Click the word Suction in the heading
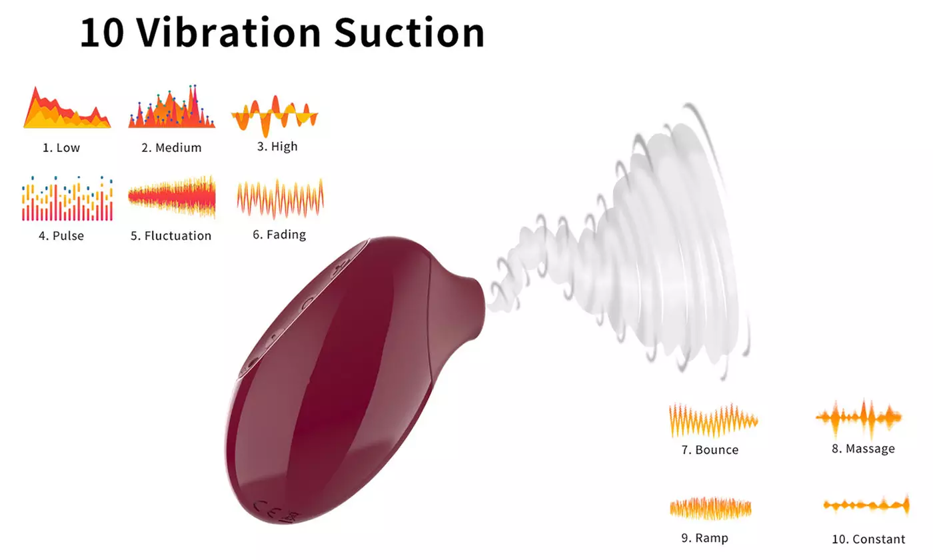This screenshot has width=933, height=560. pos(409,33)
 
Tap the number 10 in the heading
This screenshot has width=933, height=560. pos(102,33)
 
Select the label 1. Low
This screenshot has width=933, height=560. pos(61,147)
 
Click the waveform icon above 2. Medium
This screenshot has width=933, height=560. pos(172,106)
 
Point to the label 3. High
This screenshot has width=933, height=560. pos(277,147)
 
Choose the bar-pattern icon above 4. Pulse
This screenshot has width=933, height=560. pos(67,199)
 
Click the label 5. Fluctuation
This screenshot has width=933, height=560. pos(171,236)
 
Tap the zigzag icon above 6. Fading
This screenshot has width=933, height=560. pos(281,199)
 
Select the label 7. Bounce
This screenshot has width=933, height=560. pos(710,450)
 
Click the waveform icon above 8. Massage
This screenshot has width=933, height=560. pos(858,417)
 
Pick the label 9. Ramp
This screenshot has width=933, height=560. pos(705,539)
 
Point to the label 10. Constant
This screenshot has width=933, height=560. pos(868,539)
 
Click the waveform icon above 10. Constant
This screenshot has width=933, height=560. pos(866,506)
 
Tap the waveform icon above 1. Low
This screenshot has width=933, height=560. pos(67,107)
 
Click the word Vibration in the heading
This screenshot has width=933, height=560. pos(229,33)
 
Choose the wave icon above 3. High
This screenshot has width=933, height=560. pos(275,115)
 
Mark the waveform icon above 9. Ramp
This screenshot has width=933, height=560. pos(710,508)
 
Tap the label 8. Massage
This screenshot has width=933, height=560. pos(863,449)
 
